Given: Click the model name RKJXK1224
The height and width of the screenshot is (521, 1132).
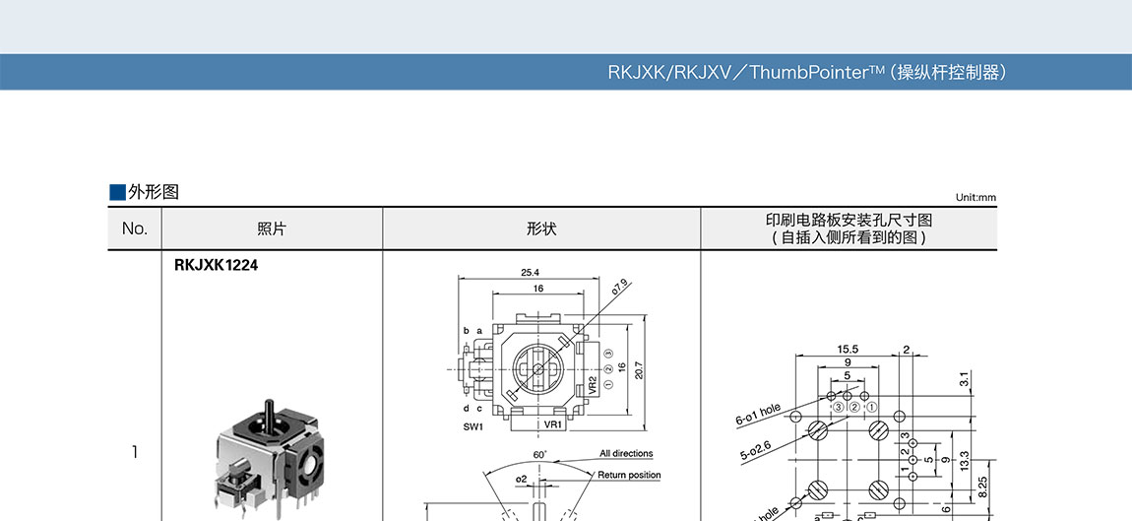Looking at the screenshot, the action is pyautogui.click(x=216, y=265).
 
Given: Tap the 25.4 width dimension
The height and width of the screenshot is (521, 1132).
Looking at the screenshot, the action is pyautogui.click(x=531, y=273).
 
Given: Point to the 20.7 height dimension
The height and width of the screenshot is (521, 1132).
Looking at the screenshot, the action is pyautogui.click(x=639, y=370).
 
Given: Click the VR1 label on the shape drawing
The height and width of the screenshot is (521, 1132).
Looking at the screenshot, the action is pyautogui.click(x=554, y=425).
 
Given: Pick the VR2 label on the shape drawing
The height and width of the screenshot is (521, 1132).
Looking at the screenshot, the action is pyautogui.click(x=593, y=385).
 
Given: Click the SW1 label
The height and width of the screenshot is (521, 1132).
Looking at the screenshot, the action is pyautogui.click(x=473, y=426).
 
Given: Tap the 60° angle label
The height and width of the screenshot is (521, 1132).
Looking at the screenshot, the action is pyautogui.click(x=540, y=454).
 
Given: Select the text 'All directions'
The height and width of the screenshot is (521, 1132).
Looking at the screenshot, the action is pyautogui.click(x=626, y=454).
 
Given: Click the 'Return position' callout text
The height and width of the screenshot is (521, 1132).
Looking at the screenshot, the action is pyautogui.click(x=629, y=475).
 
